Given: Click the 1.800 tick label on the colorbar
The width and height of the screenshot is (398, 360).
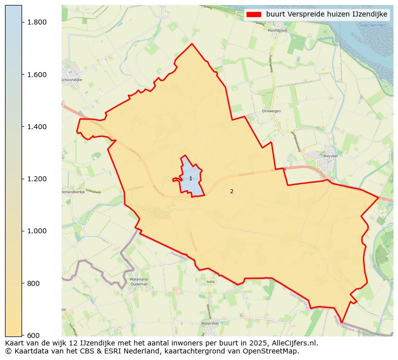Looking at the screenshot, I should click(x=37, y=22).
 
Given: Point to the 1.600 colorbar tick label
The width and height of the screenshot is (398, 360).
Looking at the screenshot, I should click(x=37, y=75).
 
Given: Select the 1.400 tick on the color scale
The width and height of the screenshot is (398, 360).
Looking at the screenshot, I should click(x=37, y=127).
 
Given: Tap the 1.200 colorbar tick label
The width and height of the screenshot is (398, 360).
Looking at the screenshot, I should click(x=37, y=179).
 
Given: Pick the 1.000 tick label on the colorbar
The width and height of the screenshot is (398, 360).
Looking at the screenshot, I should click(x=37, y=231).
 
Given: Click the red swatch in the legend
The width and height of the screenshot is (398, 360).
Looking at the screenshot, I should click(x=254, y=15).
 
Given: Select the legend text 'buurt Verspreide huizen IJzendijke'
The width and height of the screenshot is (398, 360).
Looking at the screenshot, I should click(x=326, y=15).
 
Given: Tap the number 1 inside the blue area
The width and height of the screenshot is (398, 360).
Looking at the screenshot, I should click(x=190, y=179).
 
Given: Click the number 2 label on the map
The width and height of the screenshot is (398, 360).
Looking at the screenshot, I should click(x=232, y=191).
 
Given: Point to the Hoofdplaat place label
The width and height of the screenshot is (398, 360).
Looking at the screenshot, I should click(x=280, y=31).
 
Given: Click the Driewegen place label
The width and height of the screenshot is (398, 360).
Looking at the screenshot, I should click(x=271, y=111).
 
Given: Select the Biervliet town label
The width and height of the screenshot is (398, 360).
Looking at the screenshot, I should click(x=331, y=170).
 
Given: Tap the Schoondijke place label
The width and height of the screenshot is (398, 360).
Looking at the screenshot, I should click(x=71, y=80).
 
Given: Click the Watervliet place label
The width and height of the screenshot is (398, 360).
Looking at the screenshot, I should click(x=211, y=323).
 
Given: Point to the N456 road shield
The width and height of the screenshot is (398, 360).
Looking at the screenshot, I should click(x=210, y=282).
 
